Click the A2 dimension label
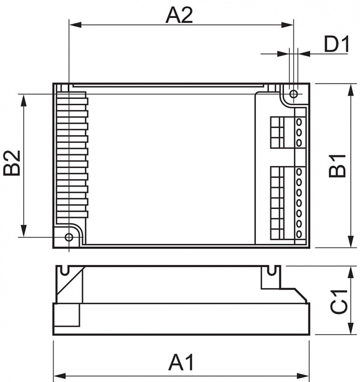[x=179, y=15]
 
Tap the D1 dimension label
[x=337, y=44]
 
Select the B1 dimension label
[x=337, y=166]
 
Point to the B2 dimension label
[x=12, y=163]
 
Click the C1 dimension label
[x=339, y=301]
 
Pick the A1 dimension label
[x=181, y=363]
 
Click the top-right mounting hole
[x=294, y=94]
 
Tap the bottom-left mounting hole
[x=69, y=237]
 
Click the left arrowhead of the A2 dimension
[x=75, y=25]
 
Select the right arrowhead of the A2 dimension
[x=287, y=25]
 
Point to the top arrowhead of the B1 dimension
[x=351, y=90]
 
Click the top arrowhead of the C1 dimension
[x=351, y=273]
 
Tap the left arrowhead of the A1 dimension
[x=60, y=376]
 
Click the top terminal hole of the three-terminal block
[x=299, y=122]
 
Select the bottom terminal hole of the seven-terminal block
[x=299, y=234]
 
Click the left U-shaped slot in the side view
[x=65, y=271]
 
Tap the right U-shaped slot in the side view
[x=271, y=271]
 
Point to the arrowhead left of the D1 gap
[x=283, y=54]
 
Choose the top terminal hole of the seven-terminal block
[x=299, y=172]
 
